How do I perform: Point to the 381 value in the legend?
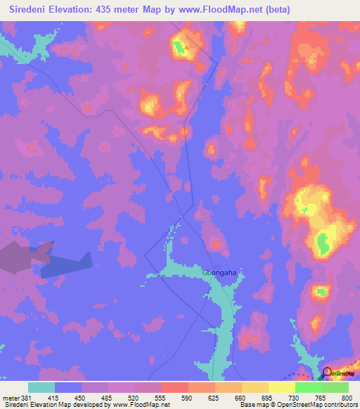[27, 397]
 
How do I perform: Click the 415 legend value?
[53, 397]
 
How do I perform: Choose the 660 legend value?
[240, 397]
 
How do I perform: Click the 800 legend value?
[347, 397]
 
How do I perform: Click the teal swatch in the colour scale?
[41, 387]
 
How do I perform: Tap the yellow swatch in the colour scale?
[281, 387]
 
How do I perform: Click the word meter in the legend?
[11, 397]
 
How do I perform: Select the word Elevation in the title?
[71, 9]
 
